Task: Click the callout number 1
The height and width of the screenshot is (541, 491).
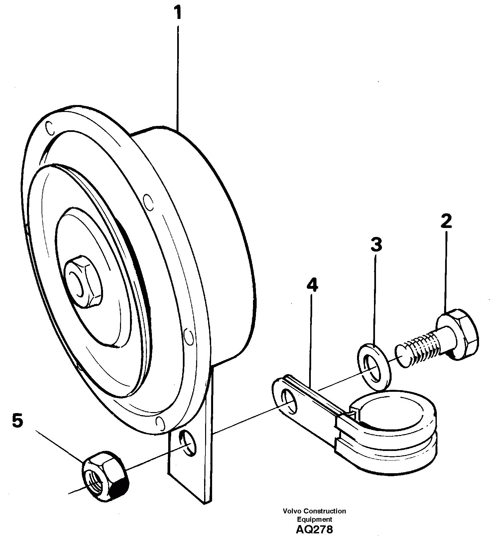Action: tap(178, 13)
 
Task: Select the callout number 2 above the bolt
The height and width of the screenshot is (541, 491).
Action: tap(446, 221)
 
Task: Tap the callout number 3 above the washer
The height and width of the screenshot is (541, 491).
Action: tap(376, 245)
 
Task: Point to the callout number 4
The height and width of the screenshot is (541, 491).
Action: tap(312, 285)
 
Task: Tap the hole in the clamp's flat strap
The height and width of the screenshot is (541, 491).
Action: tap(289, 398)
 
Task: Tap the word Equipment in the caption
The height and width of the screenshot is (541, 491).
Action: tap(314, 519)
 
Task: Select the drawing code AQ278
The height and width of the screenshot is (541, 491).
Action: tap(314, 529)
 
